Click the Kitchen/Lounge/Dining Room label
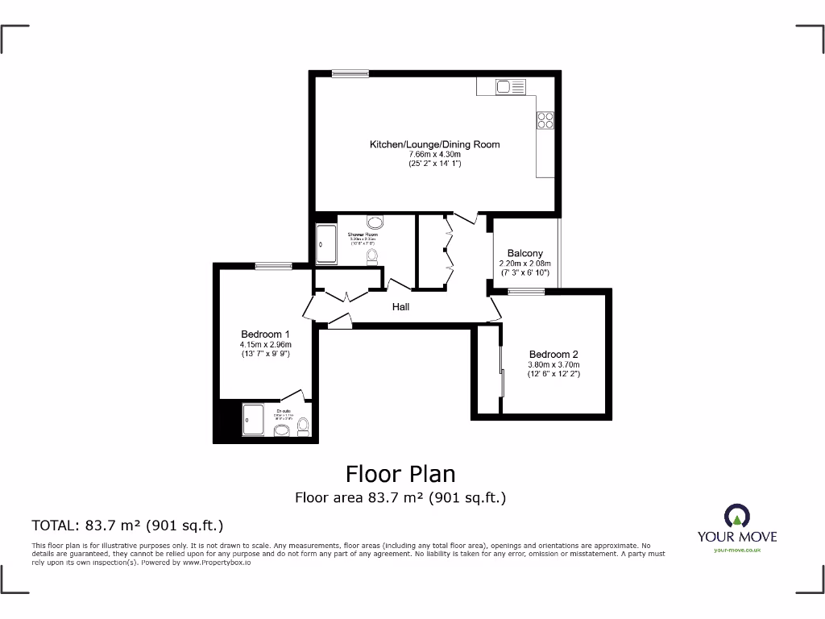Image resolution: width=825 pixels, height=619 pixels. (x=434, y=144)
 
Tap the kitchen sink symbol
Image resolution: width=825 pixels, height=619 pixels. (x=510, y=86)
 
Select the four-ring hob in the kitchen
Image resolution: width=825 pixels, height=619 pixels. (x=545, y=120)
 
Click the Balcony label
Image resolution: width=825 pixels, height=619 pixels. (x=524, y=253)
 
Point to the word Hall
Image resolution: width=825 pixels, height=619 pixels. (x=400, y=307)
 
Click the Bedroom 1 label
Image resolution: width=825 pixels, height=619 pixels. (x=265, y=334)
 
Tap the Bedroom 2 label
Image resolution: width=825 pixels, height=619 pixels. (x=553, y=354)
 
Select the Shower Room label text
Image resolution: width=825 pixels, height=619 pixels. (x=363, y=235)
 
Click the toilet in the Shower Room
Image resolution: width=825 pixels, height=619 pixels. (x=372, y=256)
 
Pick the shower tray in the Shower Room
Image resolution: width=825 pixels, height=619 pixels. (x=327, y=244)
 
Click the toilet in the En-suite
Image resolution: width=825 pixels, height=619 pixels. (x=304, y=427)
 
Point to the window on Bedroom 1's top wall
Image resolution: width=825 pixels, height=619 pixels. (x=274, y=266)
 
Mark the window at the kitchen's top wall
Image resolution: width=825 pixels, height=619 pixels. (x=350, y=73)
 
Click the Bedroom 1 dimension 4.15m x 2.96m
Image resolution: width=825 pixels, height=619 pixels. (x=265, y=344)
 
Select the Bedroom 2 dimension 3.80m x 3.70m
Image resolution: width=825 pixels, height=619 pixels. (x=553, y=364)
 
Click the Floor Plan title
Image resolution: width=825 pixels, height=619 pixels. (x=400, y=473)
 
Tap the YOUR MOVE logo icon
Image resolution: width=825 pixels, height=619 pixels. (x=737, y=517)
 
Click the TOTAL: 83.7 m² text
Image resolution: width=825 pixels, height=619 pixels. (x=126, y=526)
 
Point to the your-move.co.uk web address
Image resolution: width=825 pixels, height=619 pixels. (x=737, y=550)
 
